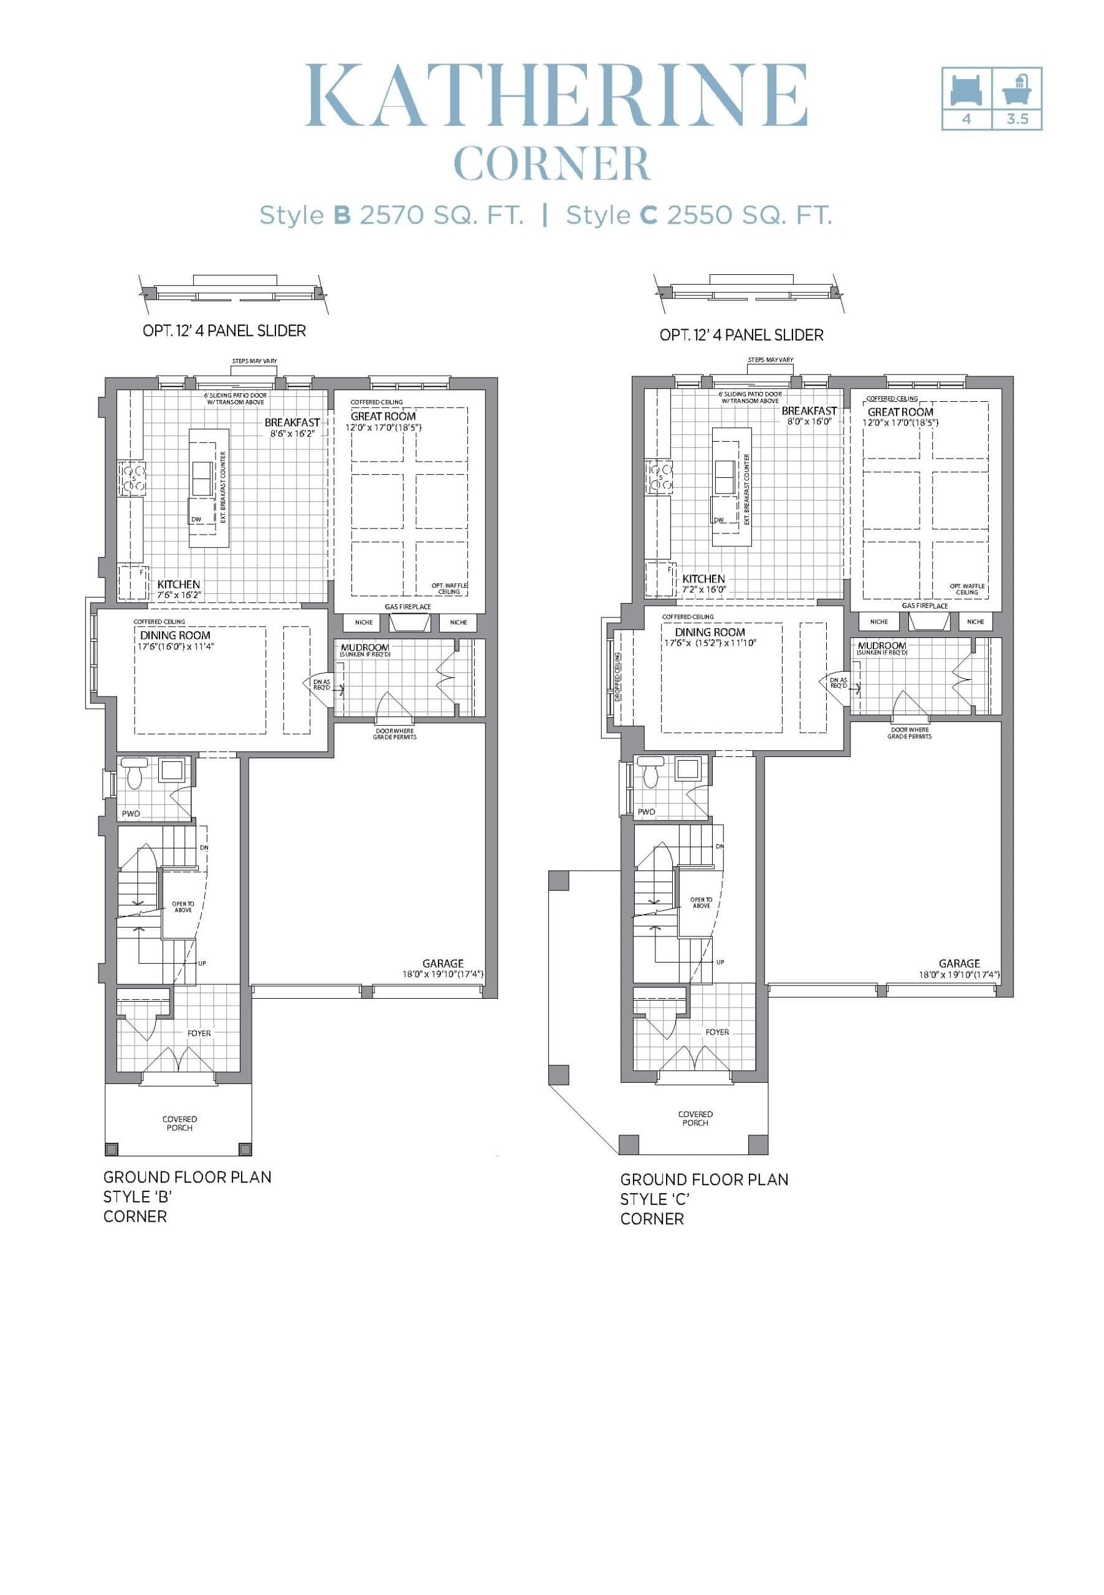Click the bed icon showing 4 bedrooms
pyautogui.click(x=966, y=89)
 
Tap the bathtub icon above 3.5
pyautogui.click(x=1016, y=88)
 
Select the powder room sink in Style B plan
pyautogui.click(x=171, y=771)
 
